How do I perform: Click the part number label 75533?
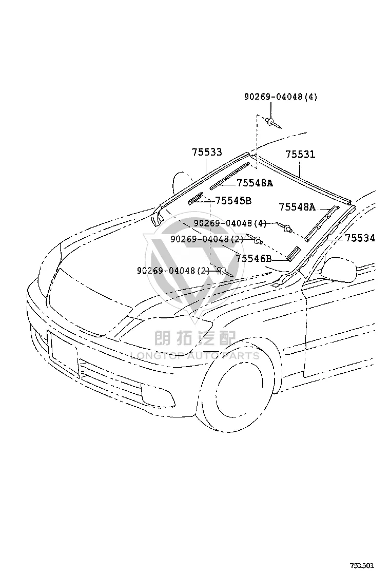(x=207, y=152)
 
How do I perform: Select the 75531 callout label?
(x=300, y=155)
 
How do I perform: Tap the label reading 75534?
(x=360, y=238)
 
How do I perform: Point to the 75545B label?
(x=233, y=201)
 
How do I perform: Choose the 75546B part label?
(x=254, y=259)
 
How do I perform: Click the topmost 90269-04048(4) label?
(x=281, y=97)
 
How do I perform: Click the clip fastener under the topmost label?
(x=273, y=123)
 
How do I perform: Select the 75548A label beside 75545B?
(x=255, y=183)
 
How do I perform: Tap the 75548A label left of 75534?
(x=297, y=207)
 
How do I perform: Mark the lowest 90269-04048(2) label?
(x=173, y=271)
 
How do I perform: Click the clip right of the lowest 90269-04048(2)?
(x=225, y=272)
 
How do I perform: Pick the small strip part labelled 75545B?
(x=196, y=198)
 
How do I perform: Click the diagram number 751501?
(x=362, y=565)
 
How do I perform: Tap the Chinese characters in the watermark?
(x=195, y=338)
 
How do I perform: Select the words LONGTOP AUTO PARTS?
(x=195, y=355)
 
